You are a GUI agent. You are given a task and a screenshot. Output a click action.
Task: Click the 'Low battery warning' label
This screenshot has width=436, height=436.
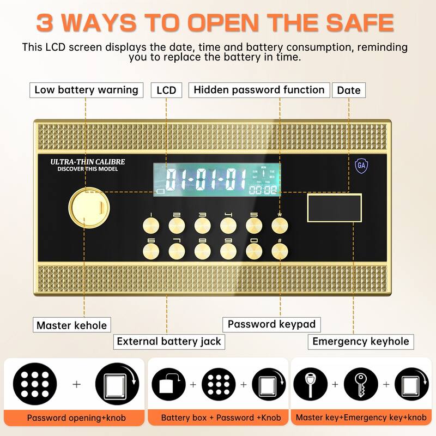[x=86, y=90]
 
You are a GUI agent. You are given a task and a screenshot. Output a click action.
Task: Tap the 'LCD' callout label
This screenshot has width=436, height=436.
[x=166, y=90]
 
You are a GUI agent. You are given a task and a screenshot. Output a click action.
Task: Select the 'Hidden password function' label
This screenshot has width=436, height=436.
[x=259, y=90]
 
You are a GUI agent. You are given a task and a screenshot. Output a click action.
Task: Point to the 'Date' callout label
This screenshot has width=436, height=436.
[x=349, y=90]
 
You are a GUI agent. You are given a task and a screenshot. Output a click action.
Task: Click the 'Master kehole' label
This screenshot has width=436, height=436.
[x=71, y=325]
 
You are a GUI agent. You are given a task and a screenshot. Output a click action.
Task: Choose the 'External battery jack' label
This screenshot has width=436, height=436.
[x=169, y=342]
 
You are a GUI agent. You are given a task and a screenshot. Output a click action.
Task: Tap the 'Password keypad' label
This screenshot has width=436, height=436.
[x=271, y=324]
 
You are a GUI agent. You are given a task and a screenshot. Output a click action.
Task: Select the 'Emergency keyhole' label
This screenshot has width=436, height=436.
[x=360, y=342]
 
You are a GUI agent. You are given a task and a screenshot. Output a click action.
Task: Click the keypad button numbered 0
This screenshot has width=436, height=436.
[x=255, y=250]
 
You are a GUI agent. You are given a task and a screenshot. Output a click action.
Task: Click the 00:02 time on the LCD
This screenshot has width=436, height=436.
[x=263, y=191]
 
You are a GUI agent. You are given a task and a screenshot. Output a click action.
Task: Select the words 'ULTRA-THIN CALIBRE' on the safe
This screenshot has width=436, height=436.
[x=88, y=162]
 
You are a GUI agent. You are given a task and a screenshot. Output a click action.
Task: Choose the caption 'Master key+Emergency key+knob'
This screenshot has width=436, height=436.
[x=361, y=417]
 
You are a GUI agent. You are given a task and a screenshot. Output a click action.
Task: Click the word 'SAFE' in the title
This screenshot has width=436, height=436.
[x=353, y=23]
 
